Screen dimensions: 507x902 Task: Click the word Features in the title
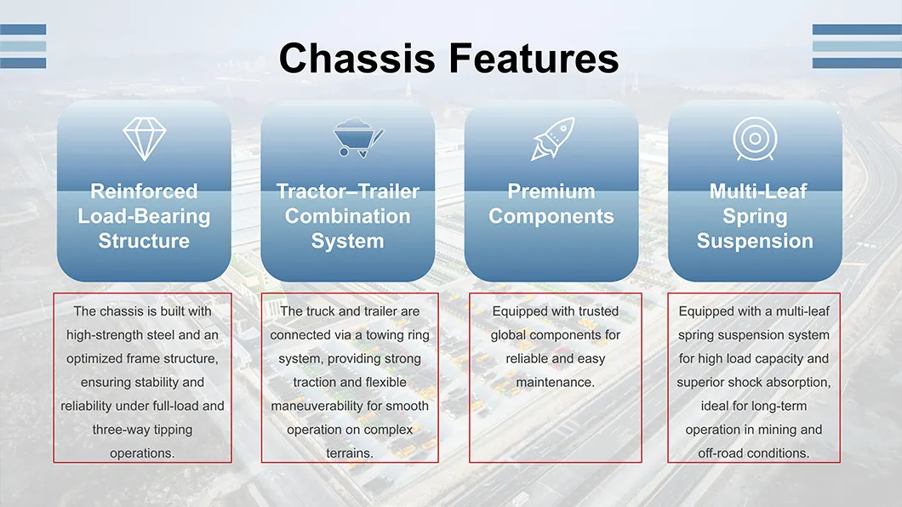point(534,59)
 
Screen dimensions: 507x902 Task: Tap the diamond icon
point(144,139)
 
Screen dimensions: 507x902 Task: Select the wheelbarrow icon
point(356,139)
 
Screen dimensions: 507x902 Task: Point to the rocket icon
point(552,139)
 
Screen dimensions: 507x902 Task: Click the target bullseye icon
point(754,139)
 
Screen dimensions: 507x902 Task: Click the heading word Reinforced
point(144,191)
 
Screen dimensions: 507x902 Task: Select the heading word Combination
point(347,216)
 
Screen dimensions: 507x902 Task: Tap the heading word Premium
point(551,191)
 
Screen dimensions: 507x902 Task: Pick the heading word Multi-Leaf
point(755,191)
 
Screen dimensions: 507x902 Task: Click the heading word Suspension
point(755,242)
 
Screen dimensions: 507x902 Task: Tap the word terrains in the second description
point(348,453)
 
